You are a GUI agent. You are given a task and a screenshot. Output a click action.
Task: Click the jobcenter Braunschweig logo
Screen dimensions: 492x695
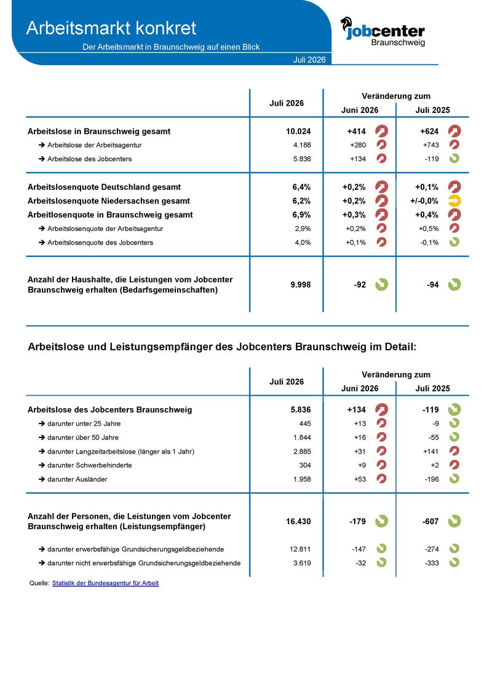tap(383, 31)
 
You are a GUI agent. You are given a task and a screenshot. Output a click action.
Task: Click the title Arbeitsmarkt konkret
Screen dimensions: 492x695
tap(111, 28)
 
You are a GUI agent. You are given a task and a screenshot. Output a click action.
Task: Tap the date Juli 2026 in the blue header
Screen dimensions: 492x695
tap(309, 60)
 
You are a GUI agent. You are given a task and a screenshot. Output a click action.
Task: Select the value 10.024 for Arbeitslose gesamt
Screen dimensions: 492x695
tap(298, 132)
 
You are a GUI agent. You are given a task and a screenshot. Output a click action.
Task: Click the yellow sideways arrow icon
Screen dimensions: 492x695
tap(454, 201)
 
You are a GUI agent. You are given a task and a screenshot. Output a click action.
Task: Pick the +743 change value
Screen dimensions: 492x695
tap(431, 145)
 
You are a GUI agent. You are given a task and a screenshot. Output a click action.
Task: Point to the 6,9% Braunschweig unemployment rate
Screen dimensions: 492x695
tap(302, 215)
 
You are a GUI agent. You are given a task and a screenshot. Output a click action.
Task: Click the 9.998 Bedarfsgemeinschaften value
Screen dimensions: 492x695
tap(301, 285)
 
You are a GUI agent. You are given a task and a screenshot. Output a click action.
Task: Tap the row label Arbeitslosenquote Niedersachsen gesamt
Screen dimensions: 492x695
tap(109, 201)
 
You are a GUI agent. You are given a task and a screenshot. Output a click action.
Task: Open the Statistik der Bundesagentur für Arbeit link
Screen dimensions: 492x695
tap(106, 583)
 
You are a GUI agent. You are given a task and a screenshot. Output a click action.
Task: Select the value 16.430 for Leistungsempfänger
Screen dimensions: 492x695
tap(298, 521)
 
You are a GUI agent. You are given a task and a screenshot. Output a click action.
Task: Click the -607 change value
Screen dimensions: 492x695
tap(430, 521)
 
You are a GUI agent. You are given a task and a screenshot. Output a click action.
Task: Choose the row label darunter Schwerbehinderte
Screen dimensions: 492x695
tap(90, 465)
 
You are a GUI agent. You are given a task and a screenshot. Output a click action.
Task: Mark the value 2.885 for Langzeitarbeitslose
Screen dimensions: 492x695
tap(302, 452)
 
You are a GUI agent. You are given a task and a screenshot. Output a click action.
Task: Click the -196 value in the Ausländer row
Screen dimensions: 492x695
tap(432, 479)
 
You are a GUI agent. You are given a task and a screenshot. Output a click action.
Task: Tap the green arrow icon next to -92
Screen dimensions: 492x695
tap(381, 285)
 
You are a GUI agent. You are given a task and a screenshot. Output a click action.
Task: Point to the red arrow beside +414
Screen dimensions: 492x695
tap(381, 132)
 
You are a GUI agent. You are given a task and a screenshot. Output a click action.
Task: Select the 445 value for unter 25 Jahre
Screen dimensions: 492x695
tap(305, 424)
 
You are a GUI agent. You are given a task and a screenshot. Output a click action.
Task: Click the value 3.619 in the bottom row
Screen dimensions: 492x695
tap(302, 563)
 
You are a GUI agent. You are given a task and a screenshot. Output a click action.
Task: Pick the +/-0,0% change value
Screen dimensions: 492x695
tap(424, 201)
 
